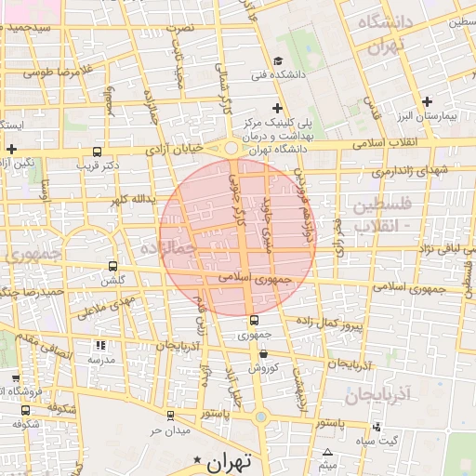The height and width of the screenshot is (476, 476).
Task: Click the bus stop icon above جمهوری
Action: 254,321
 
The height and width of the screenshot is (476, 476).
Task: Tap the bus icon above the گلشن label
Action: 113,265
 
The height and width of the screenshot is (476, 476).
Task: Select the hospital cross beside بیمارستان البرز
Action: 427,101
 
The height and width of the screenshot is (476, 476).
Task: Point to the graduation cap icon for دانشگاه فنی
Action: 277,61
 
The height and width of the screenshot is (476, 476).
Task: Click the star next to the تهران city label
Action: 196,460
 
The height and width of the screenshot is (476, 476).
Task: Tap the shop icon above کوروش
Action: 265,353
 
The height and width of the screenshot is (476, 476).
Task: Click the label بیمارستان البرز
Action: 436,117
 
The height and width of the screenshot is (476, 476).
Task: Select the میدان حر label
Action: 170,430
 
